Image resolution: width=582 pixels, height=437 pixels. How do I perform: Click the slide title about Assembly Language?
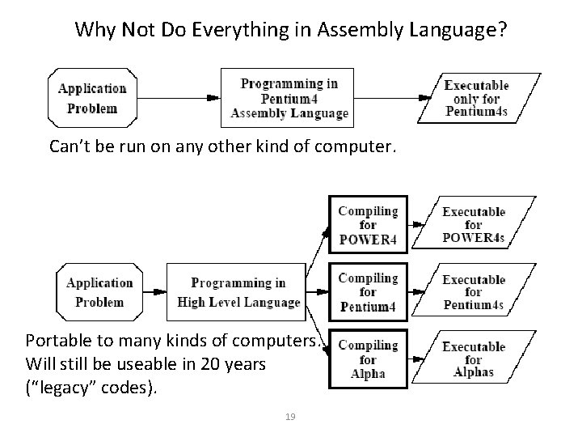(291, 31)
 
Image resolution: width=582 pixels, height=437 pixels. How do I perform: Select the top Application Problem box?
(92, 98)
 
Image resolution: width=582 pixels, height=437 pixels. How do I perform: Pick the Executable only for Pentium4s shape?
(477, 98)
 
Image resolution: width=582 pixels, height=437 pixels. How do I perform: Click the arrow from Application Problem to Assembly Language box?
(178, 98)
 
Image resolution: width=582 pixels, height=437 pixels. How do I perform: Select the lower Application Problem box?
(99, 292)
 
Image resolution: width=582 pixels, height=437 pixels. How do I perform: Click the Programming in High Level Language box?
(238, 292)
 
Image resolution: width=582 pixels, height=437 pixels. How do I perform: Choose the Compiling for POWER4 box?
(368, 225)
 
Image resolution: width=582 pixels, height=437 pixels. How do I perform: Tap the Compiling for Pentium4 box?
(368, 292)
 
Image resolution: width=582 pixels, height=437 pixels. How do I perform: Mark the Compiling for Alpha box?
(368, 359)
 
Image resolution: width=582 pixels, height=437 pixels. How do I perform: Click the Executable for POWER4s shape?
(474, 225)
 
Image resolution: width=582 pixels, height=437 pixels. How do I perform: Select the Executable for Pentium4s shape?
(474, 292)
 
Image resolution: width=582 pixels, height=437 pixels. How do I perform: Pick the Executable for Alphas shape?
(474, 359)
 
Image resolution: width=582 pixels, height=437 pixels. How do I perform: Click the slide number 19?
(291, 417)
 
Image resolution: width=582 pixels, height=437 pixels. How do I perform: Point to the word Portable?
(57, 340)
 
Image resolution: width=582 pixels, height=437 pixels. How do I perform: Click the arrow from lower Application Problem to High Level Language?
(154, 292)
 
